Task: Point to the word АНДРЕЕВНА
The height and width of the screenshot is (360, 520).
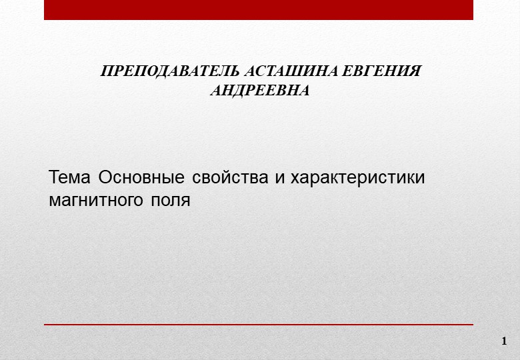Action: (260, 91)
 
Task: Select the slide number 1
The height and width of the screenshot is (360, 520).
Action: (504, 341)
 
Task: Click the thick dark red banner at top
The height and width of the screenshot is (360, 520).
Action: (259, 10)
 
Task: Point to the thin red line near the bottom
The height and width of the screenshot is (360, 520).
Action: (259, 325)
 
